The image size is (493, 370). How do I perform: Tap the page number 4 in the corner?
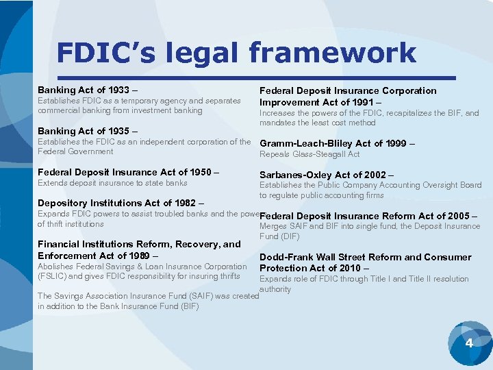tap(469, 342)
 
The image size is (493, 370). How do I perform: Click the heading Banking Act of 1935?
tap(88, 131)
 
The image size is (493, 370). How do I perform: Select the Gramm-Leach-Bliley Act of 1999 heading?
tap(335, 143)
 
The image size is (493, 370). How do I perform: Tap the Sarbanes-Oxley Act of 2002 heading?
tap(327, 174)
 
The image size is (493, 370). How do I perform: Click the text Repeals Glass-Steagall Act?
tap(309, 154)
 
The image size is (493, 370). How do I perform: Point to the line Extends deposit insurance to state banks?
tap(112, 183)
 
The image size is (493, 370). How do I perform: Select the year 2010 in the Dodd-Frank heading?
tap(348, 268)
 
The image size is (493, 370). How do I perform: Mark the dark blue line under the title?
tap(257, 77)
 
